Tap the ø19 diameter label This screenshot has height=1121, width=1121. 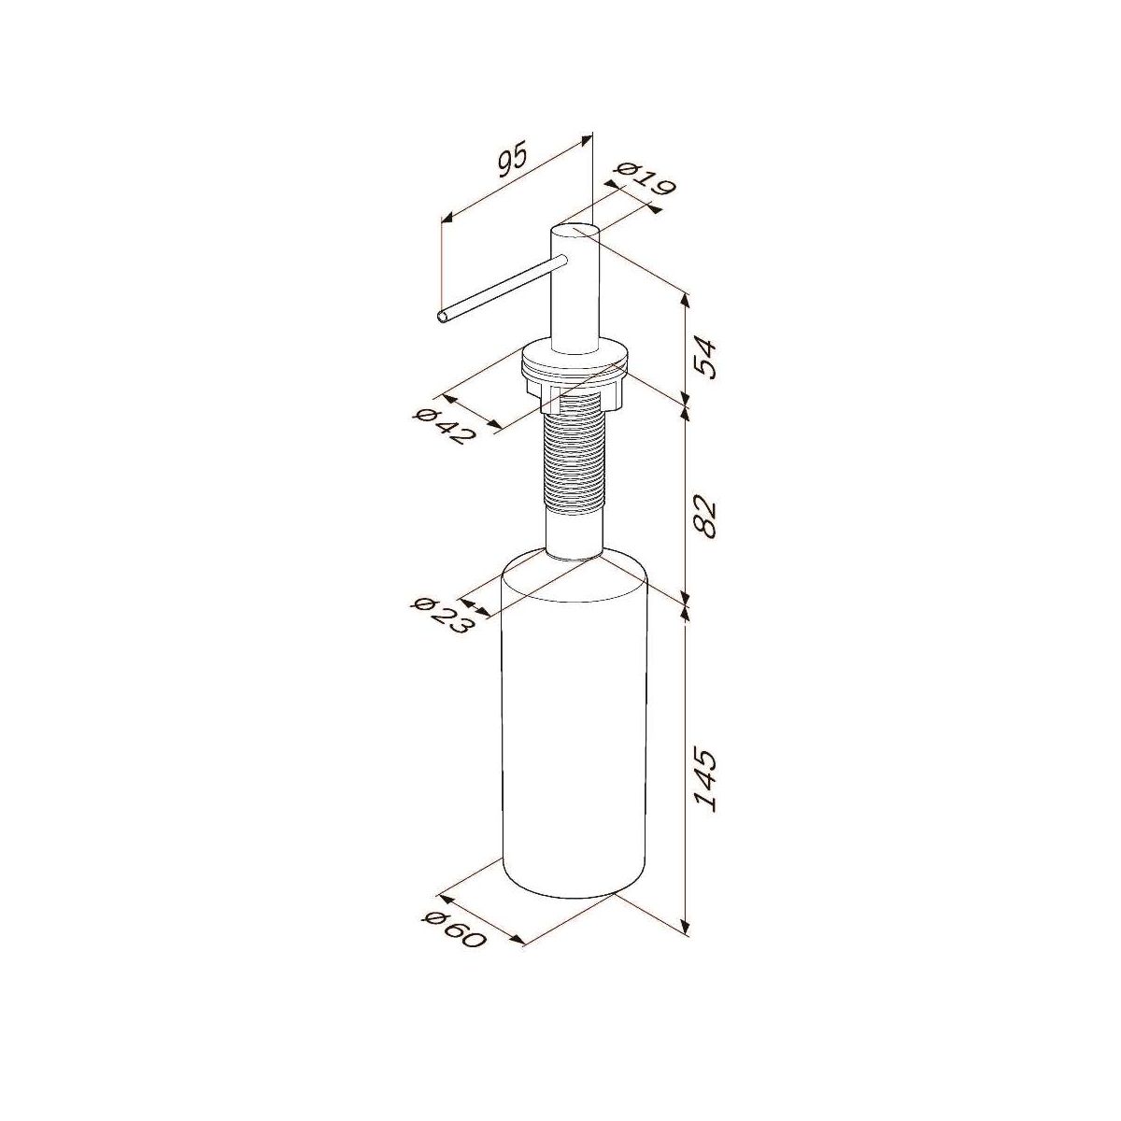click(646, 179)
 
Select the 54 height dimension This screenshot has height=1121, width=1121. click(707, 360)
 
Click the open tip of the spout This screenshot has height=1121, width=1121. click(443, 316)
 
